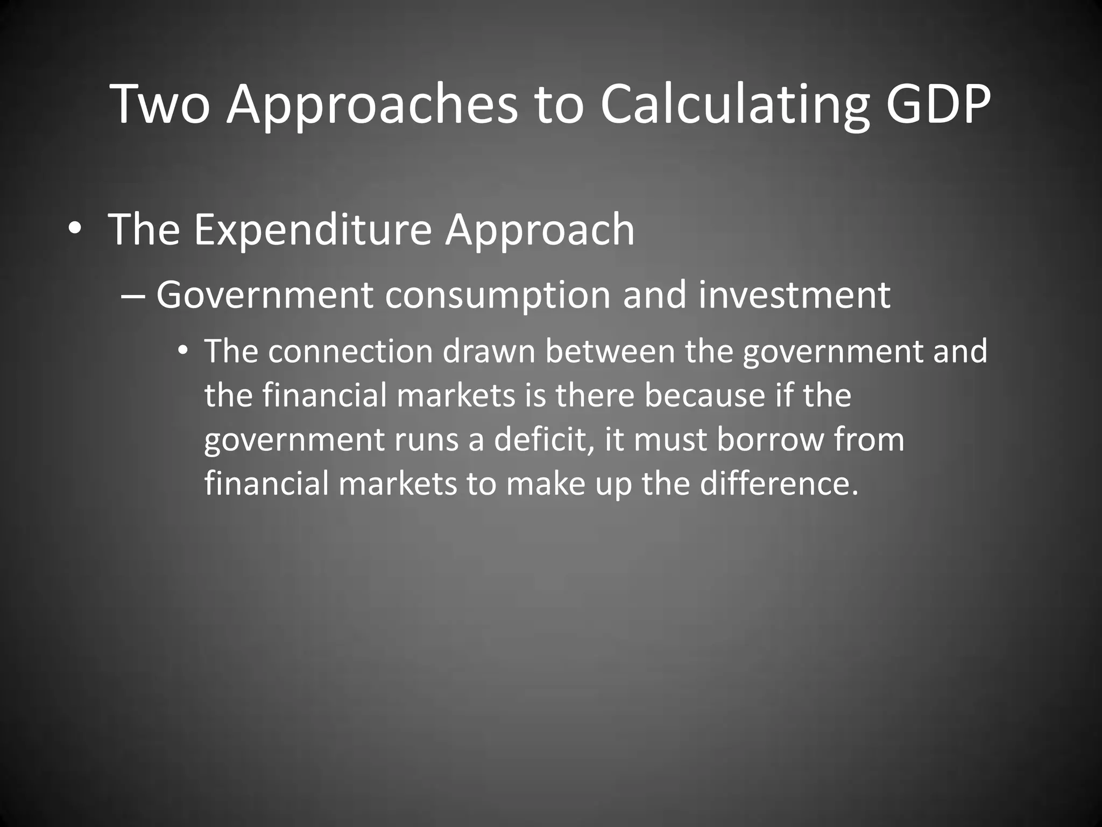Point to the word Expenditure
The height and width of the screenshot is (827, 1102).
coord(313,230)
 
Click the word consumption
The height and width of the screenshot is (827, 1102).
coord(498,296)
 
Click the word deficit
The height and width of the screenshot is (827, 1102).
coord(543,440)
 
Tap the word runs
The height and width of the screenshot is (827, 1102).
coord(426,440)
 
